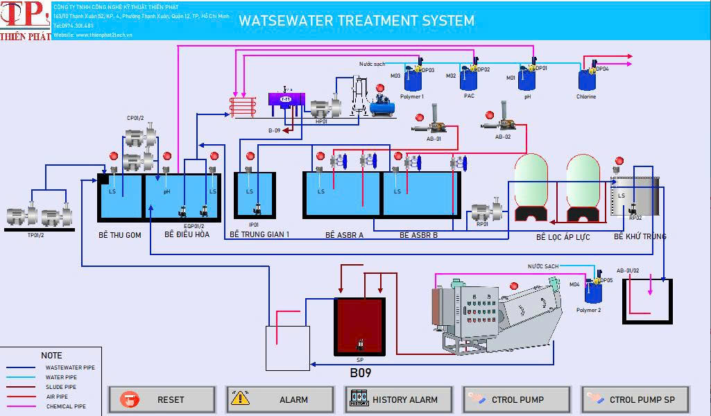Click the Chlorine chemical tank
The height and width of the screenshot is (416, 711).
[587, 80]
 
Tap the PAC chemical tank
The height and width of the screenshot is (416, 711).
[469, 79]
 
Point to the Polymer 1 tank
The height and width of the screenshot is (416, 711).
[413, 80]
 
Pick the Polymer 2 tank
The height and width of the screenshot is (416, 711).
[592, 292]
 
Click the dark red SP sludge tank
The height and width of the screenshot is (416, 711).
[359, 326]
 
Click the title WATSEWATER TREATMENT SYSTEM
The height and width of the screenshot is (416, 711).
[357, 21]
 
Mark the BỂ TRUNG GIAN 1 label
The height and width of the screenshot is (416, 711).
[259, 235]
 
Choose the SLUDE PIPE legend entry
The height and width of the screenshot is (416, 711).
[61, 387]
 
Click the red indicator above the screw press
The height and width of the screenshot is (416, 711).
[514, 286]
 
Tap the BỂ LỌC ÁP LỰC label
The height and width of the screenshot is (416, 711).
[563, 237]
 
